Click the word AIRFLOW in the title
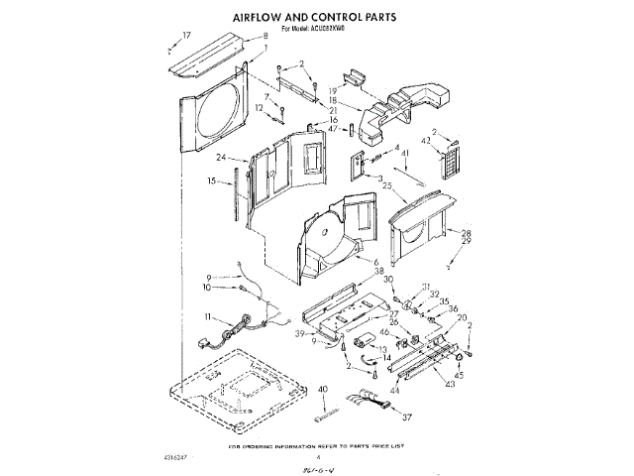pos(264,18)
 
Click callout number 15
pos(212,181)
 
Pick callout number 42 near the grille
pos(428,142)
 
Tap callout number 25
pos(387,185)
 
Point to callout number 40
pos(323,389)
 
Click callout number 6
pos(375,261)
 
